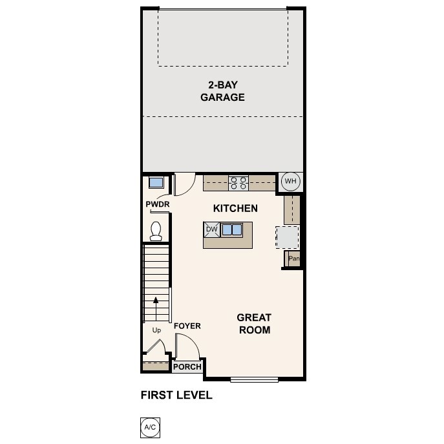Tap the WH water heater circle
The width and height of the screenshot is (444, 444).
pos(290,182)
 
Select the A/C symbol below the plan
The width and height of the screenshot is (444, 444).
pos(149,427)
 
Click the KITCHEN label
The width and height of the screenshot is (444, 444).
pos(236,208)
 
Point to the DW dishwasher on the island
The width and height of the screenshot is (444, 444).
pos(211,229)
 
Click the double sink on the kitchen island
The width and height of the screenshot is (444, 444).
pos(231,229)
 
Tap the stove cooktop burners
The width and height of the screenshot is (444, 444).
pos(238,182)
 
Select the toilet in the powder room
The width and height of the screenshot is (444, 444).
pos(155,230)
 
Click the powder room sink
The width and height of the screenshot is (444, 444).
pos(155,182)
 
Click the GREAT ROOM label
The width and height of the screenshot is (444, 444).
pos(253,323)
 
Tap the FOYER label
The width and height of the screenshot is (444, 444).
pos(187,326)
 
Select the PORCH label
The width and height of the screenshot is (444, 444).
pos(187,367)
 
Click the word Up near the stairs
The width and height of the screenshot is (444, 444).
pos(156,330)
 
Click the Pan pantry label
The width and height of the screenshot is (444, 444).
pos(294,259)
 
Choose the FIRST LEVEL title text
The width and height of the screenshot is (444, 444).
pos(176,395)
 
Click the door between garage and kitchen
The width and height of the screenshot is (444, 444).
pos(184,184)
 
